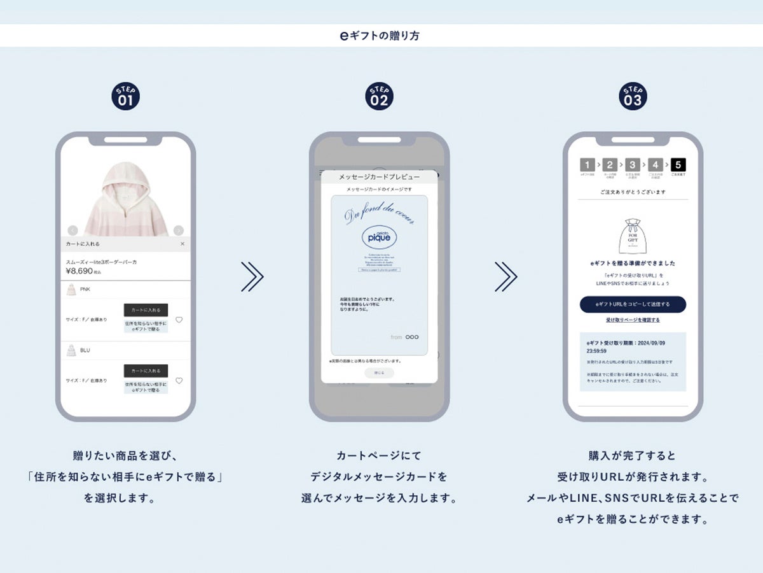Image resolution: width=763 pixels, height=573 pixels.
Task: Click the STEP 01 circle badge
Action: tap(125, 96)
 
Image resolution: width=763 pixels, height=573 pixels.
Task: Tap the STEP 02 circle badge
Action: tap(379, 96)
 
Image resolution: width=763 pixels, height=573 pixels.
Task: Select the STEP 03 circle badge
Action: tap(633, 96)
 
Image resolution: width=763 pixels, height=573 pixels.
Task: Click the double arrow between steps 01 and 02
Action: tap(252, 276)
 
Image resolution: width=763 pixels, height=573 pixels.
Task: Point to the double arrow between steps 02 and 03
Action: tap(506, 276)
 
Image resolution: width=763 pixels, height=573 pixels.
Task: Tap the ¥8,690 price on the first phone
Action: tap(79, 271)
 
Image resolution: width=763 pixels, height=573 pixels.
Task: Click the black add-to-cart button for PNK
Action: tap(146, 310)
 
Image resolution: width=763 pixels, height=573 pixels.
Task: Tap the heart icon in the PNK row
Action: tap(179, 320)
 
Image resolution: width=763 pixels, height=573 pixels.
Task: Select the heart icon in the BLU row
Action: tap(179, 381)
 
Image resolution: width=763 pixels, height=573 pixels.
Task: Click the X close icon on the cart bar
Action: tap(182, 244)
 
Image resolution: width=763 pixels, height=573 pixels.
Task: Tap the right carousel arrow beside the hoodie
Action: tap(179, 230)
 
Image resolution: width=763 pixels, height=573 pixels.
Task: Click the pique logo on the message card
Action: tap(379, 237)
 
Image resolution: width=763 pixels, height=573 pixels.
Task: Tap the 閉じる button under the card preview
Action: tap(379, 373)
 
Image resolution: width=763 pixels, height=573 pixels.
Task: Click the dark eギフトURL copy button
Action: tap(633, 304)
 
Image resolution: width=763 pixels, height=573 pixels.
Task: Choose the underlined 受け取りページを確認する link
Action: tap(633, 320)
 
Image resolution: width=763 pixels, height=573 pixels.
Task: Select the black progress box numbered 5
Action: tap(678, 165)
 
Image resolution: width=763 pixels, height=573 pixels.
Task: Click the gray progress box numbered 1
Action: tap(588, 165)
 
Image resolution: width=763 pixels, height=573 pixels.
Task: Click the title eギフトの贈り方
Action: tap(380, 36)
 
